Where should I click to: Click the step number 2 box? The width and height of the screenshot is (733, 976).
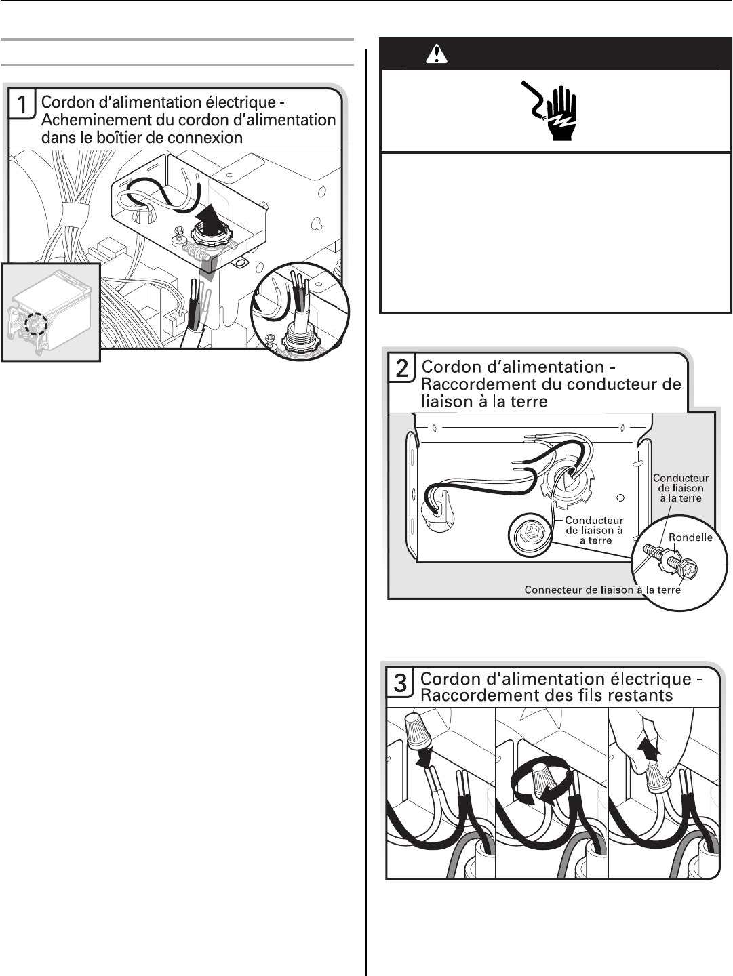click(401, 369)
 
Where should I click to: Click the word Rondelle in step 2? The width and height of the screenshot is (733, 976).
click(690, 537)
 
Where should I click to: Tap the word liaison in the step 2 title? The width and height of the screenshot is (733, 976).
click(446, 401)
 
